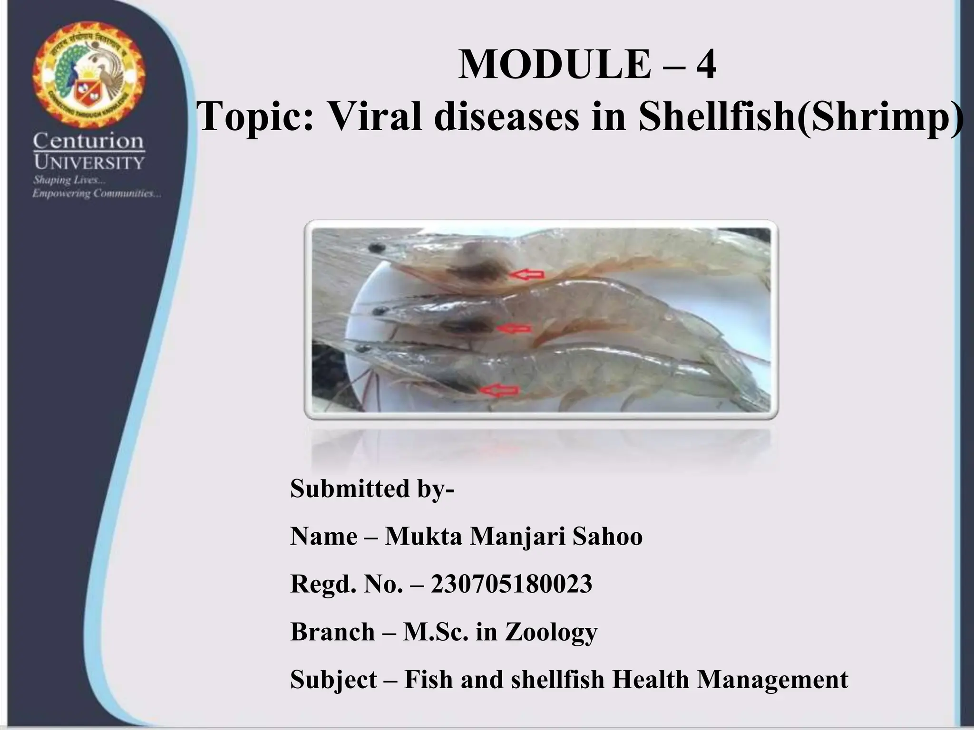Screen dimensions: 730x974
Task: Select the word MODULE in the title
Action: point(555,65)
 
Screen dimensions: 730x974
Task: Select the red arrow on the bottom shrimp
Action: point(499,390)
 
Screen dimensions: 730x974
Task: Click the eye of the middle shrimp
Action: point(379,312)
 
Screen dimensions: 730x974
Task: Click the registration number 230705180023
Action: point(511,584)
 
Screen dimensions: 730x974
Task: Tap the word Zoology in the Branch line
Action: point(551,633)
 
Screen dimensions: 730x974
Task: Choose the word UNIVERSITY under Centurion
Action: point(89,163)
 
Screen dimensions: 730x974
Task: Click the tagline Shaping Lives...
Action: point(69,181)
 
